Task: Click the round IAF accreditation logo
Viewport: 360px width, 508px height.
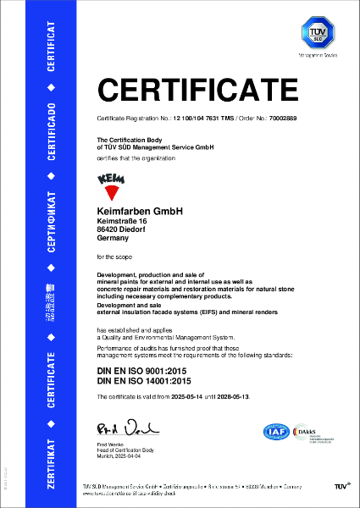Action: (275, 433)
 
